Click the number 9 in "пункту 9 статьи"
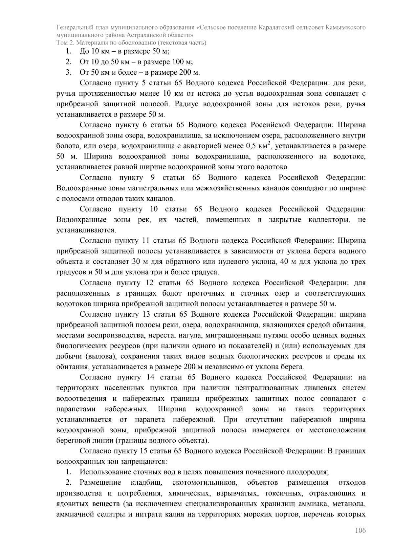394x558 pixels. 153,178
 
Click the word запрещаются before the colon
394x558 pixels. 147,461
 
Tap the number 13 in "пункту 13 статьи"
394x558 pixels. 146,314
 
